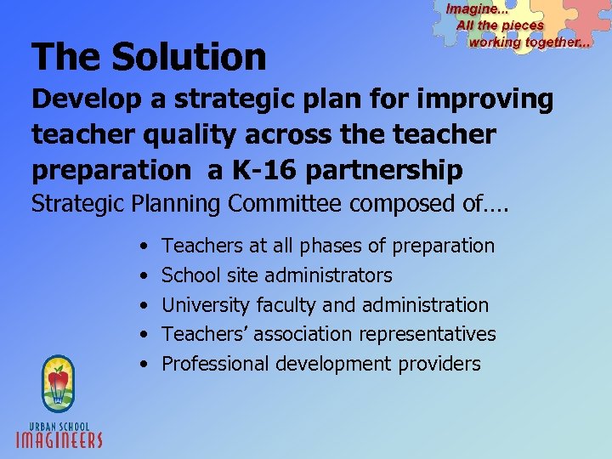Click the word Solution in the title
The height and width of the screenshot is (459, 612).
pos(189,58)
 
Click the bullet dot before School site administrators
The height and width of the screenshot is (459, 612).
pos(145,276)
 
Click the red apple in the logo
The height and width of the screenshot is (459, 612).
pos(59,377)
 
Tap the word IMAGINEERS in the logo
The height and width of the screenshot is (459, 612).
pos(59,439)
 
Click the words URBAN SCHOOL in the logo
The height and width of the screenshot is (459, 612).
pos(59,424)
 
